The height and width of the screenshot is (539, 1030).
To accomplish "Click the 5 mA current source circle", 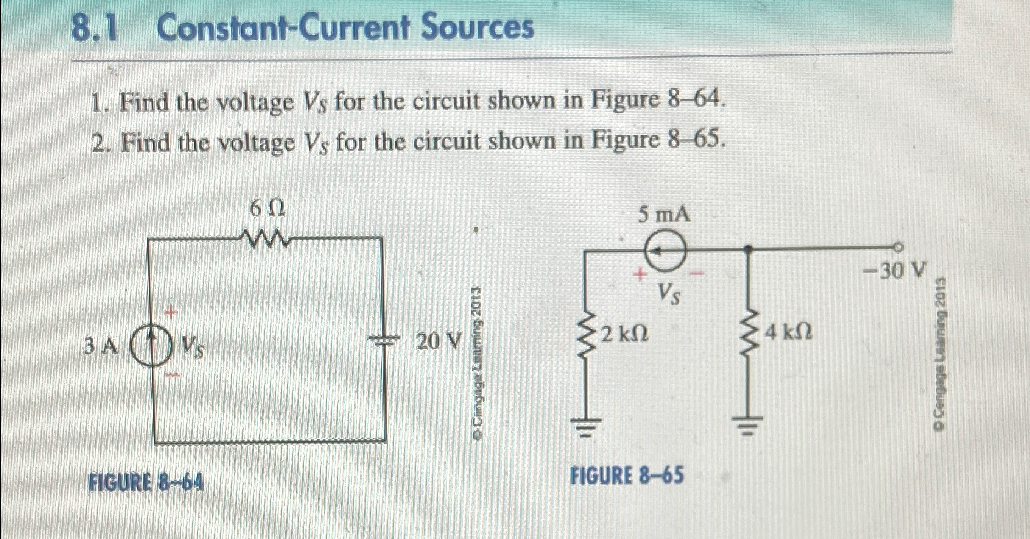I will (665, 250).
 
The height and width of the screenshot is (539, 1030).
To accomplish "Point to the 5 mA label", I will (665, 214).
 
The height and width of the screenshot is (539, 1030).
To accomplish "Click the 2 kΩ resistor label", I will (624, 334).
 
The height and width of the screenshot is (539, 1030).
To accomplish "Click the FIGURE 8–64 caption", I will (147, 483).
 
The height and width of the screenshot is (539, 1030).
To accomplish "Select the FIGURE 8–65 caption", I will (627, 475).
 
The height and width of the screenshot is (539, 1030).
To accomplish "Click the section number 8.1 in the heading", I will (93, 29).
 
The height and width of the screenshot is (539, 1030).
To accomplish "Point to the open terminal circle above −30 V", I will (897, 247).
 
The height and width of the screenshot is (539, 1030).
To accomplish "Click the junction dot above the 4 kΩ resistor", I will (749, 248).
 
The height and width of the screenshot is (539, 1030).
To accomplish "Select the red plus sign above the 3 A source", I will (172, 313).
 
